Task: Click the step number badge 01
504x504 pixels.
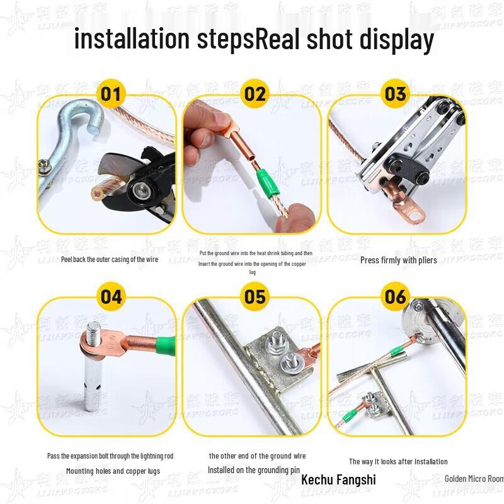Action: click(110, 94)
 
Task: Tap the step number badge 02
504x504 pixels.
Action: click(255, 94)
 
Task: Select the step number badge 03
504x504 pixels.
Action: click(395, 94)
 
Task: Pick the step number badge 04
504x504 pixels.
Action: click(110, 296)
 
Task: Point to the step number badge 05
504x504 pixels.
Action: click(255, 296)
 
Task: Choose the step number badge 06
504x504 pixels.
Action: click(395, 296)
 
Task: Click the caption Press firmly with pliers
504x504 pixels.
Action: click(398, 260)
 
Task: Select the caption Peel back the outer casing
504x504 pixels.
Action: click(110, 259)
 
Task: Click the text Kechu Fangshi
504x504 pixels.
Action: click(338, 479)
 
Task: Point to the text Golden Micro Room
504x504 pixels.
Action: click(474, 479)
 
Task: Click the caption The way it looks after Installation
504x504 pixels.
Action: click(398, 462)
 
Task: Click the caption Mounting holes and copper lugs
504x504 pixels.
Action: click(113, 471)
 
